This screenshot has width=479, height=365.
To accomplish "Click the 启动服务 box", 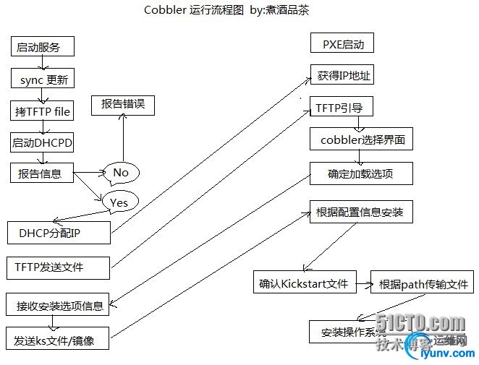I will pos(43,48).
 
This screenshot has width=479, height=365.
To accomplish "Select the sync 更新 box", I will pos(43,80).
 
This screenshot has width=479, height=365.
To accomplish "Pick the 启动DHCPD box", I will pos(43,142).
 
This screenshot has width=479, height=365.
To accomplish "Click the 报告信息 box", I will pos(43,173).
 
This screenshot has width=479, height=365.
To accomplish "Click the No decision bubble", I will pos(120,172).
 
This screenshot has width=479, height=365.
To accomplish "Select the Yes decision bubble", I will pos(119,202).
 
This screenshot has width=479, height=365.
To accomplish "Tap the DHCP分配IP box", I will pos(58,233).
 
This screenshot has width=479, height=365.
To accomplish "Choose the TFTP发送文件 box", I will pos(58,267).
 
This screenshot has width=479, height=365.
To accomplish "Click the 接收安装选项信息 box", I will pos(58,304).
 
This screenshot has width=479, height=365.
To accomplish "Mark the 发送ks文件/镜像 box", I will pos(58,339).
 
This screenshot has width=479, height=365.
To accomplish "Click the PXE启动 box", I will pos(343,44).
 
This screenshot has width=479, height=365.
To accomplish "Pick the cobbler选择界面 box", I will pos(361,139).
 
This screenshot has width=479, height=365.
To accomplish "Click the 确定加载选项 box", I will pos(361,173).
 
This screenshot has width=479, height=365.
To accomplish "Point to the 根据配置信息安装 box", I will pos(361,212).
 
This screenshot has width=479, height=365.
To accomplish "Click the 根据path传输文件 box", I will pos(422,283).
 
